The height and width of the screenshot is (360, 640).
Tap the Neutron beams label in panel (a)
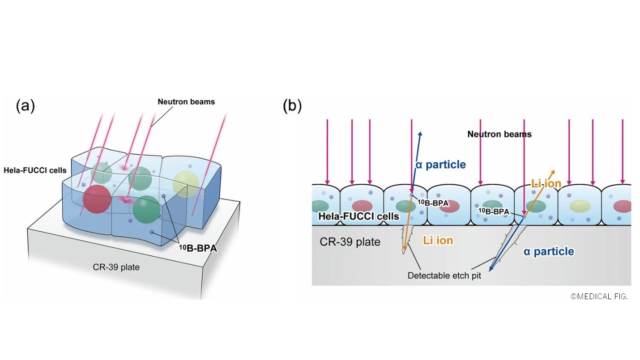(186, 102)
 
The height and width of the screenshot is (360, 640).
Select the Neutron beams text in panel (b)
(499, 134)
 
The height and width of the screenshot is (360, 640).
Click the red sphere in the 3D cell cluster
(96, 199)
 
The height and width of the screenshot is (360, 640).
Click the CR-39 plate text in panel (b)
(350, 242)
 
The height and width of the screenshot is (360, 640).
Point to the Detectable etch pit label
(444, 275)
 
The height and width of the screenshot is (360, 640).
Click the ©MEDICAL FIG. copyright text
(599, 296)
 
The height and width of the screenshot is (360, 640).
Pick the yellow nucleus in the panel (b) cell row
(579, 206)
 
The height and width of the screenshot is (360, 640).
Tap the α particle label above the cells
(441, 165)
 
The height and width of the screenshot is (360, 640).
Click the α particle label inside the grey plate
(549, 252)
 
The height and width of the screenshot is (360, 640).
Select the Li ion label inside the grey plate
(438, 241)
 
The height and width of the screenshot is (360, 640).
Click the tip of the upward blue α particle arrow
(420, 132)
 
